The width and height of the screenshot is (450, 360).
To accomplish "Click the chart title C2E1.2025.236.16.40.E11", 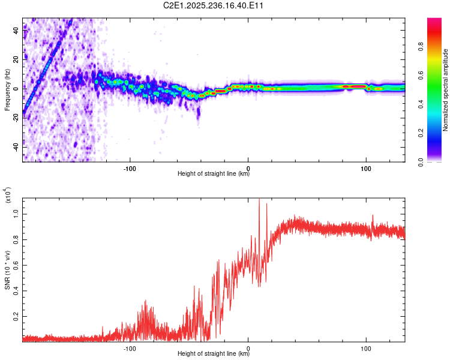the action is point(213,5).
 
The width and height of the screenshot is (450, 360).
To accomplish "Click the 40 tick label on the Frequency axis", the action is point(16,31).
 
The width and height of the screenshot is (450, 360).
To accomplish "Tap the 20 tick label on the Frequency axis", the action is point(16,60).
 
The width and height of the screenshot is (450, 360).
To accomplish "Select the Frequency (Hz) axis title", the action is point(7,89).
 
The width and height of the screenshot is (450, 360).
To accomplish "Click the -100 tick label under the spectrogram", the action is point(130,169).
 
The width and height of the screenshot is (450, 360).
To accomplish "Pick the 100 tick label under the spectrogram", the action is point(366,169).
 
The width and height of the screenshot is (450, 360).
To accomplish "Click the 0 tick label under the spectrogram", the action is point(248,169).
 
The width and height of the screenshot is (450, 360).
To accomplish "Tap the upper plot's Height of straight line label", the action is point(214,173).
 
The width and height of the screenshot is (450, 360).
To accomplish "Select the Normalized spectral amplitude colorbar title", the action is point(445,90).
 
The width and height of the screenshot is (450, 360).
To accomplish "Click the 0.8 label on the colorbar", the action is point(421,47).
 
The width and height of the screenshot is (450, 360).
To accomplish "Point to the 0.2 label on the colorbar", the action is point(421,133).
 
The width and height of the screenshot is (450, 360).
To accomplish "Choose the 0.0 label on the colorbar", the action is point(421,162).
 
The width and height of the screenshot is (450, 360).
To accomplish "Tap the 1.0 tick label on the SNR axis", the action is point(16,214).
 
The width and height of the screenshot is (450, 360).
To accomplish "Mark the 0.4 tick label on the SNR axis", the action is point(16,291).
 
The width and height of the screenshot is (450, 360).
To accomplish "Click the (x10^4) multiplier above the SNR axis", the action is point(7,195).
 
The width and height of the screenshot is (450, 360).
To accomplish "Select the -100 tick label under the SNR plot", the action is point(130,349).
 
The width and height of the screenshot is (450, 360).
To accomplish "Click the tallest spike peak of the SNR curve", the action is point(259,199).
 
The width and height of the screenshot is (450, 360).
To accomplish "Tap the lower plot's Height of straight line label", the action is point(214,353).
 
